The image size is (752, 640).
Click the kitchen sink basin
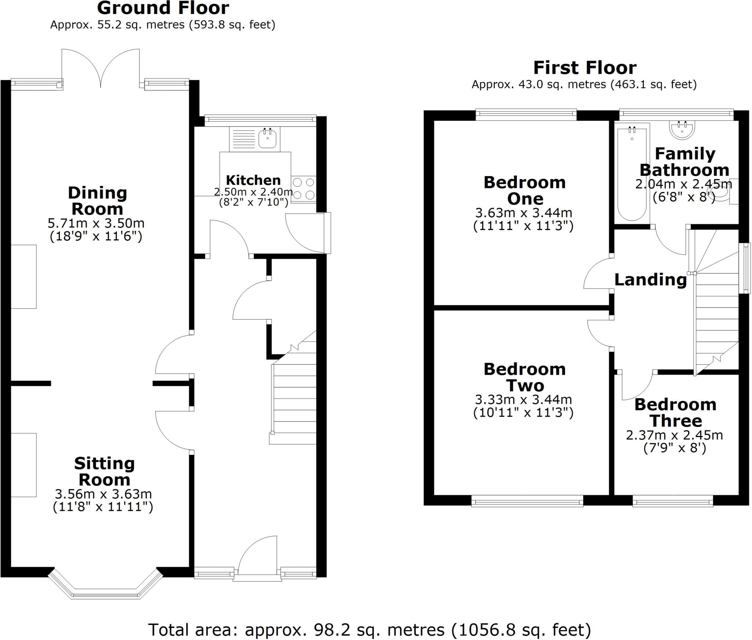coord(267,139)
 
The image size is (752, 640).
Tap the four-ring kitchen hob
coord(304,189)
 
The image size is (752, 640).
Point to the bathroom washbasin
coord(682,131)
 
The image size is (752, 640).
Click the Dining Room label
coord(97,201)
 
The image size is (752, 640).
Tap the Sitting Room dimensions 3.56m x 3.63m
coord(103,494)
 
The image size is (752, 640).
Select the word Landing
coord(650,280)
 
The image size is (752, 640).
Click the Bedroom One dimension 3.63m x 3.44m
coord(524,213)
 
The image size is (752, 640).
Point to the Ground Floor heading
coord(163,8)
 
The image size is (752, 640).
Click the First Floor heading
coord(585,68)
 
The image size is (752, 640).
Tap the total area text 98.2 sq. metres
coord(369,630)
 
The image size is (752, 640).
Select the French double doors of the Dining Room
coord(101,70)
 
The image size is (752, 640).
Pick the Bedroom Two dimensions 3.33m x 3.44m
coord(523,400)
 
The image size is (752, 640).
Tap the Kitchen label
coord(253,180)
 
